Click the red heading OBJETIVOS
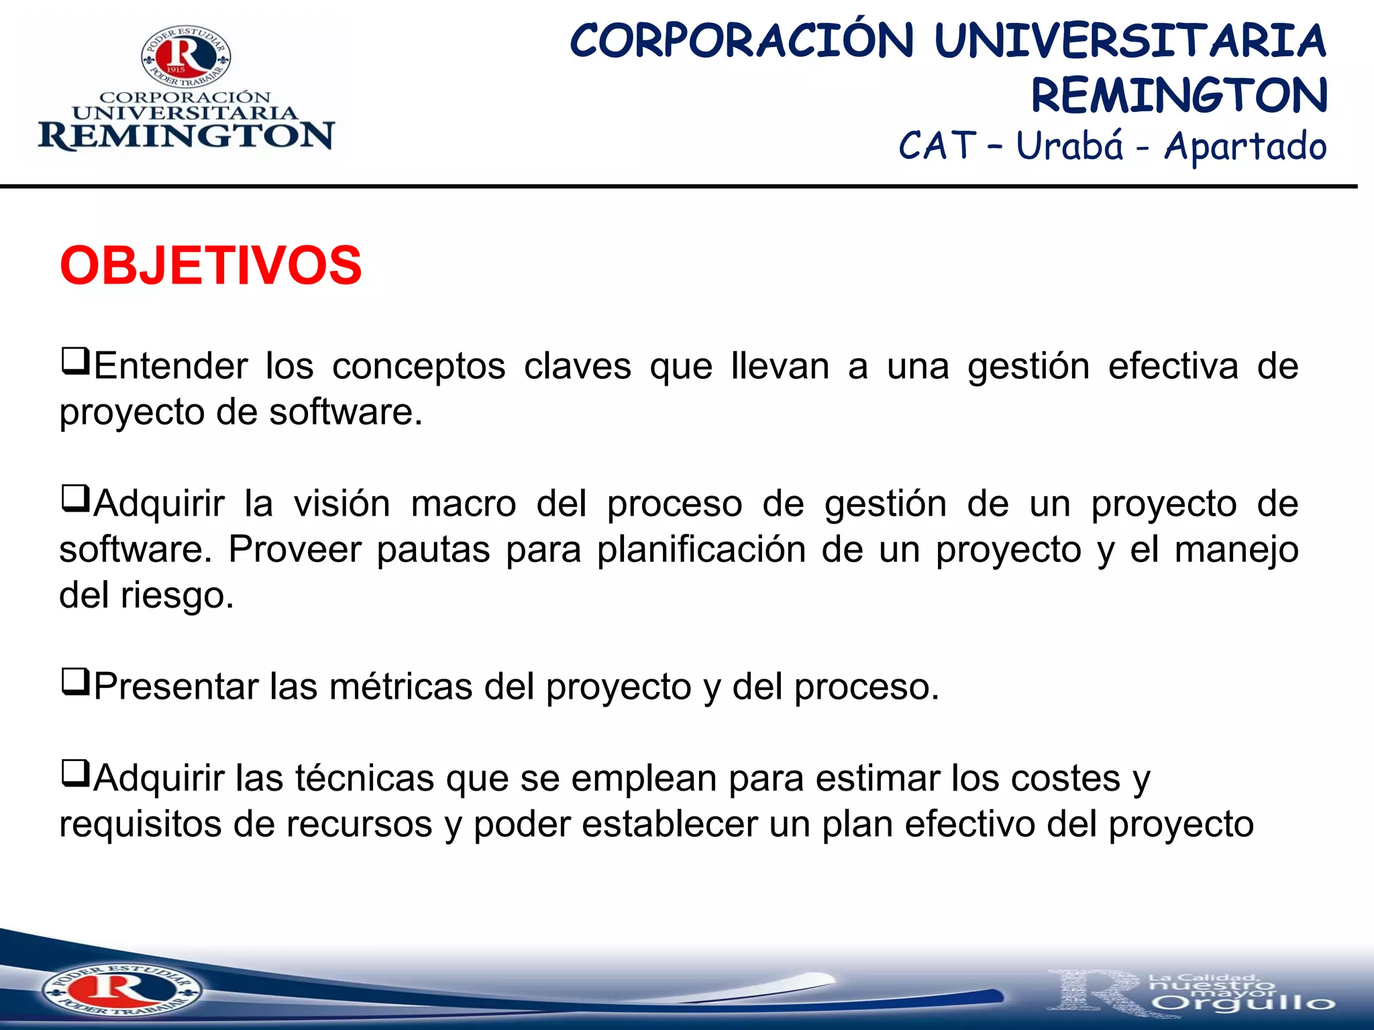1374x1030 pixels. [211, 266]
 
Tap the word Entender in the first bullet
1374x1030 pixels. [171, 366]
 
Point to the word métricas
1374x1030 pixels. [401, 687]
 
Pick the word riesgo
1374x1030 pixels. [177, 595]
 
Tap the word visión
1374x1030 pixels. [341, 504]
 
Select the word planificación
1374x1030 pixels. [701, 550]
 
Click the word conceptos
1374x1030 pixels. [419, 367]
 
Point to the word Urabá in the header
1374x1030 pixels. [1069, 146]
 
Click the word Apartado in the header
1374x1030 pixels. [1245, 147]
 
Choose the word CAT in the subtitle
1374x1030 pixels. [937, 146]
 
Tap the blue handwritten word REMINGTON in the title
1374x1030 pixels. [1179, 95]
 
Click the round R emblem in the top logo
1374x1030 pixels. [186, 57]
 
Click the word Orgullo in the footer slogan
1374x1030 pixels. [1244, 1003]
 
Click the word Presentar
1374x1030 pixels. [176, 687]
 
